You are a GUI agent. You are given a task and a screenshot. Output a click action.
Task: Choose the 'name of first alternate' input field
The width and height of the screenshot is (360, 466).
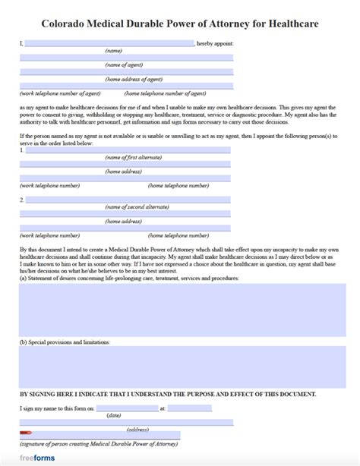click(128, 150)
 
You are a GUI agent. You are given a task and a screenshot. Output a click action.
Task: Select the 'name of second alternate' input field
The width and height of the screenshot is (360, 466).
click(128, 200)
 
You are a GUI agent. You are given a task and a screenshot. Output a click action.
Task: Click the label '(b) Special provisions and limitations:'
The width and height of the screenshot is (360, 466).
click(65, 342)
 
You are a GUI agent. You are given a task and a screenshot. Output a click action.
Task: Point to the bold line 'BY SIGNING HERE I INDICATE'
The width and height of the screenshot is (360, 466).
click(168, 395)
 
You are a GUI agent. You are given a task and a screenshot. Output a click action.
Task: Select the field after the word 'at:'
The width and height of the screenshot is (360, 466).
click(189, 408)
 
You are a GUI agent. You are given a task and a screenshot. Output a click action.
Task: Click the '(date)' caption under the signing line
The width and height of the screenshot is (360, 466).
click(114, 415)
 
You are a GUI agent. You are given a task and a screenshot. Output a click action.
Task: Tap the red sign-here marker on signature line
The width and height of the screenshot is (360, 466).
click(26, 435)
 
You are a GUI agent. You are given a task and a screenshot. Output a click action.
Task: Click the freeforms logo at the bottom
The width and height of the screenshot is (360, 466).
click(35, 458)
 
